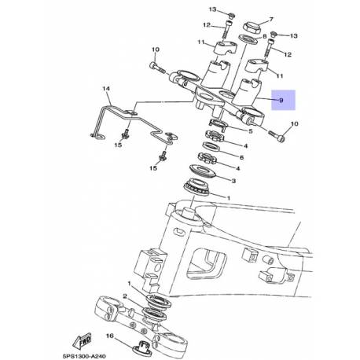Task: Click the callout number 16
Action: click(x=111, y=334)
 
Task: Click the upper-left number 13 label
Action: click(x=211, y=9)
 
